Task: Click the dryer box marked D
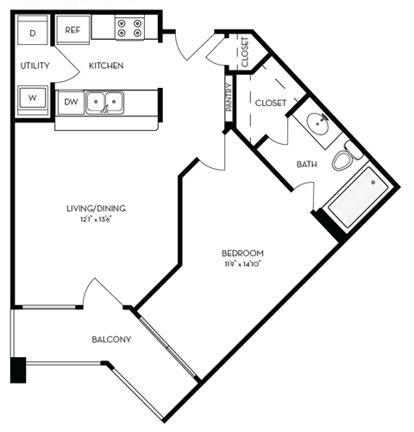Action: click(33, 33)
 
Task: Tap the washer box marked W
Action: click(33, 97)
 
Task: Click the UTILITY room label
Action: click(34, 66)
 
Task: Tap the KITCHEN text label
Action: click(106, 66)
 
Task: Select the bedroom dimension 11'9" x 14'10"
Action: click(242, 264)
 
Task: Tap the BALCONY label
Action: click(111, 340)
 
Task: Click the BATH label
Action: click(307, 164)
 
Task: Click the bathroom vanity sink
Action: click(317, 127)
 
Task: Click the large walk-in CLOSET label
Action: click(270, 103)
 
